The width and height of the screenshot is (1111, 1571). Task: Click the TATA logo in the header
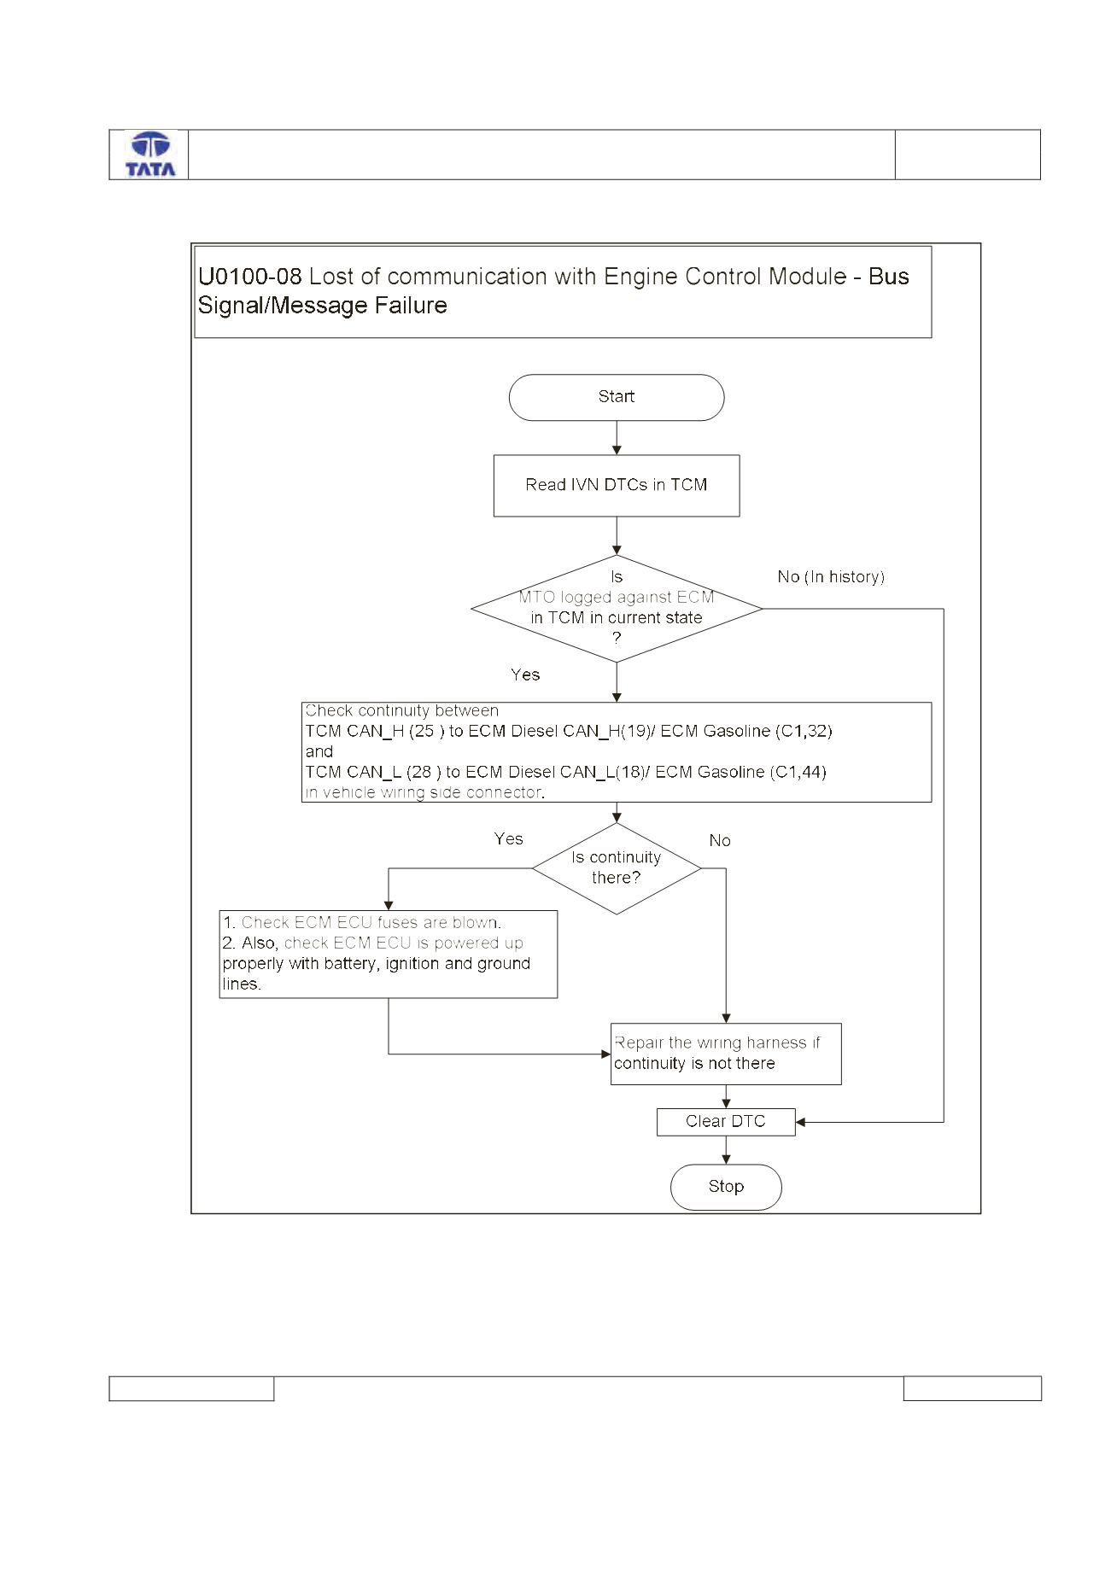pos(150,155)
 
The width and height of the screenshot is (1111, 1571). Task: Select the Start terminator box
pos(617,397)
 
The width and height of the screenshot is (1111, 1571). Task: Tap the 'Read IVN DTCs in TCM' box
pos(617,485)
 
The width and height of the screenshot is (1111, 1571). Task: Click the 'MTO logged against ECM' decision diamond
pos(617,609)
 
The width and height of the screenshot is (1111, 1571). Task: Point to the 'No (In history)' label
pos(831,577)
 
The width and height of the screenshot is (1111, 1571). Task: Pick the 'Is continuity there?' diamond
pos(617,868)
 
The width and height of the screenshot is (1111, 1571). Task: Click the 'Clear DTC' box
pos(726,1122)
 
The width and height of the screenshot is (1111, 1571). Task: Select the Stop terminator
pos(726,1187)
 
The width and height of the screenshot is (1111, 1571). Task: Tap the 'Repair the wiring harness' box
pos(726,1054)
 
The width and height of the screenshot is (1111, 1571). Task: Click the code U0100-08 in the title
pos(250,277)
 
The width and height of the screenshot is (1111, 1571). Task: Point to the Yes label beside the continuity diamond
pos(508,839)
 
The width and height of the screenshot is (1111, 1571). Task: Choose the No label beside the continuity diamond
pos(720,841)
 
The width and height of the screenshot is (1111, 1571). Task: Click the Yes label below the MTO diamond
pos(525,675)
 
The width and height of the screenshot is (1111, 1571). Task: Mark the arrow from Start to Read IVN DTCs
pos(617,438)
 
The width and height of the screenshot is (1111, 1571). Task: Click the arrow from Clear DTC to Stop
pos(726,1150)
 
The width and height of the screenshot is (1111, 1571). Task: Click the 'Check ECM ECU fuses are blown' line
pos(362,923)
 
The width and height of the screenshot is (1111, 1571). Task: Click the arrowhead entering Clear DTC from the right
pos(800,1122)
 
